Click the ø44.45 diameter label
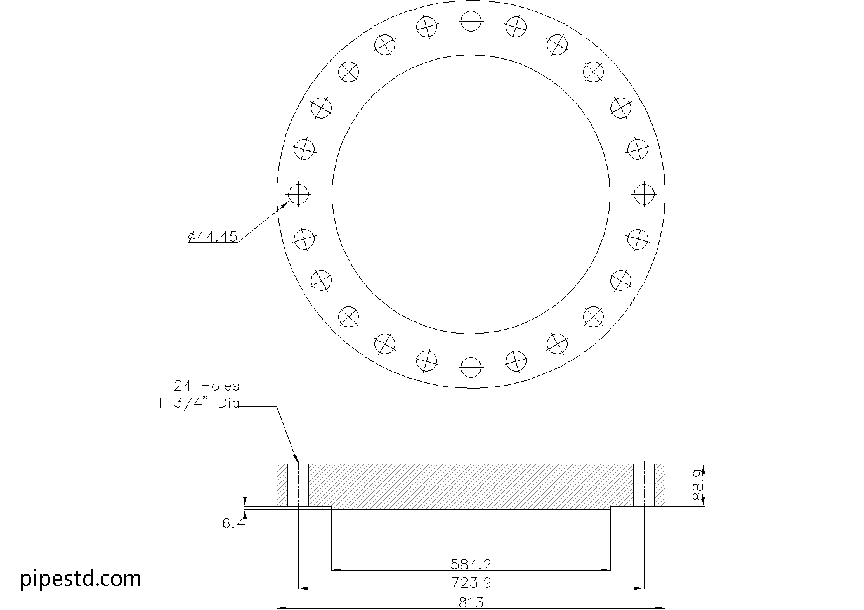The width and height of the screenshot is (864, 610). [x=213, y=237]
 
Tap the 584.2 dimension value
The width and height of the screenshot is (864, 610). [x=471, y=564]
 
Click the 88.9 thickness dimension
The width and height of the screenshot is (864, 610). [x=698, y=486]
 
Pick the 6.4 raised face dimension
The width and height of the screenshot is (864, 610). [x=232, y=523]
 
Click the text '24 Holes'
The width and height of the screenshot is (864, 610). [x=207, y=386]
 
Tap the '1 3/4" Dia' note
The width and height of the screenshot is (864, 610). [x=199, y=403]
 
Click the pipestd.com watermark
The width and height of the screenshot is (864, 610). [x=81, y=578]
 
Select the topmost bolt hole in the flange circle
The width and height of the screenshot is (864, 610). [x=471, y=21]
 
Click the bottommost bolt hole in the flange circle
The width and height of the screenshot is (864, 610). [x=471, y=366]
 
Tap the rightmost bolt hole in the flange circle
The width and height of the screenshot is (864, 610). [x=644, y=193]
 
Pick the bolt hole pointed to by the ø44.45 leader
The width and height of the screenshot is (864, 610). [x=298, y=193]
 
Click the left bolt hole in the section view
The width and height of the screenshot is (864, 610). [x=298, y=485]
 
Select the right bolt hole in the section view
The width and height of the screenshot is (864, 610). [x=644, y=485]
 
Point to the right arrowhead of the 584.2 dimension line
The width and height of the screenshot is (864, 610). [x=606, y=569]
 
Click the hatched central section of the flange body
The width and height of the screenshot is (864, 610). [x=471, y=486]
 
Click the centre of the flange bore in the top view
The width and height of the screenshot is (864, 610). [x=471, y=193]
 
